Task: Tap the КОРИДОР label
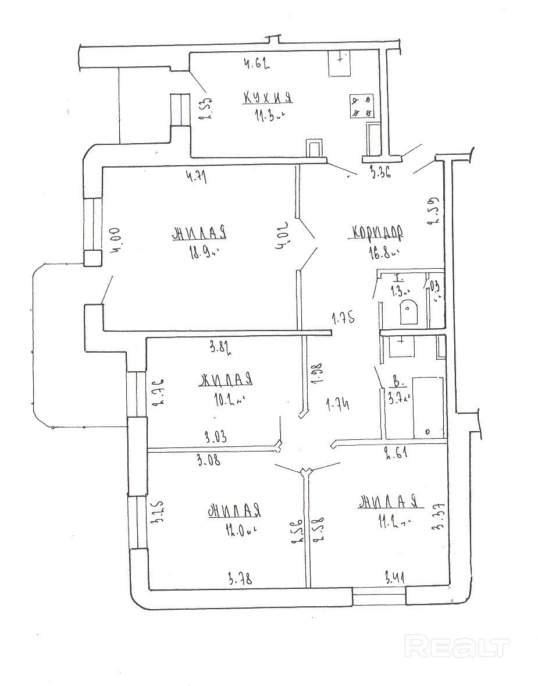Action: [376, 233]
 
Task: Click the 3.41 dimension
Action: [396, 578]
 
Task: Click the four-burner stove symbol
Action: [362, 106]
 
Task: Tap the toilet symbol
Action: [409, 312]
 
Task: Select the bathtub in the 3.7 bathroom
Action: [427, 407]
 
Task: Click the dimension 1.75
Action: [343, 318]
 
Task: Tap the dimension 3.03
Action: [216, 436]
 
